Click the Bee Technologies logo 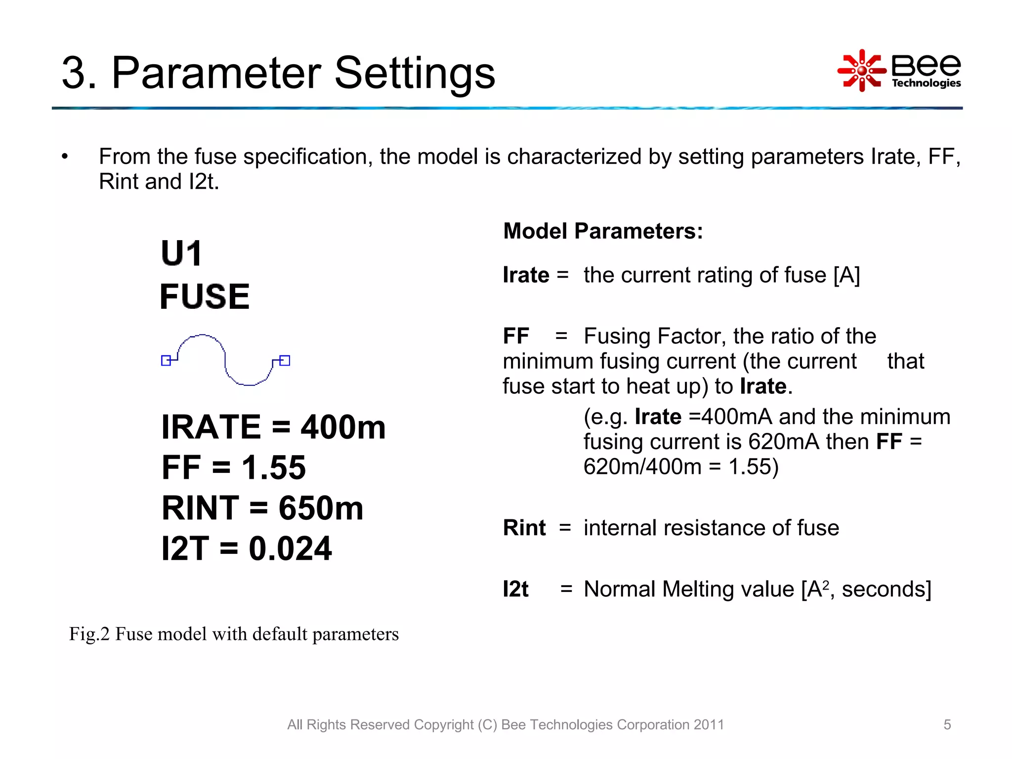[x=899, y=71]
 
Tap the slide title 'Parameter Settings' [x=303, y=73]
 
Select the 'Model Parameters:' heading [x=603, y=231]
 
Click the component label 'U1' [x=181, y=253]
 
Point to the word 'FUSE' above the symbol [x=205, y=296]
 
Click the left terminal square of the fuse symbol [x=166, y=361]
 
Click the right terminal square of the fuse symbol [x=285, y=361]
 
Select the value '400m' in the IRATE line [x=343, y=427]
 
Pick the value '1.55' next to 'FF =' [x=274, y=467]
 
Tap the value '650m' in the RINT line [x=321, y=508]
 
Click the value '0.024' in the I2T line [x=290, y=548]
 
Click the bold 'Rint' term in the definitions [x=524, y=528]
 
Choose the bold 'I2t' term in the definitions [x=515, y=589]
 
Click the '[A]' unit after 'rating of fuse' [x=846, y=275]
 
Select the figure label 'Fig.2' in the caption [x=89, y=634]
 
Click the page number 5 [x=947, y=724]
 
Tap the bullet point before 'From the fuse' [x=65, y=157]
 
